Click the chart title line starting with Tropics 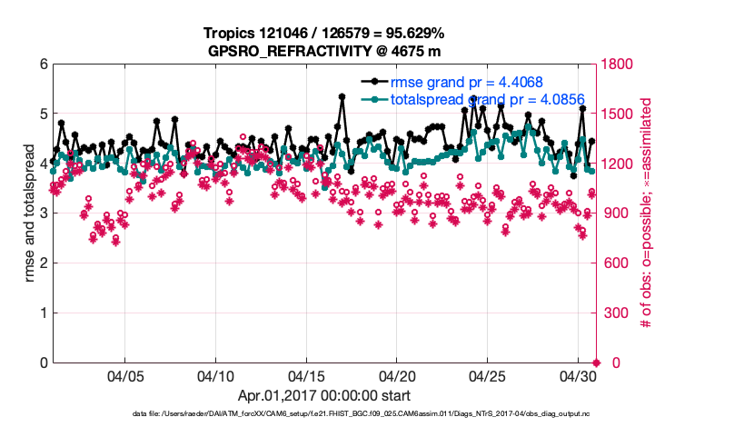(325, 34)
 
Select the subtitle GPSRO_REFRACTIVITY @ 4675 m (325, 50)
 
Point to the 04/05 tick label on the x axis (126, 375)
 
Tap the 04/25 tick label (488, 375)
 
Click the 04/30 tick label (578, 375)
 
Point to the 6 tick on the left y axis (43, 65)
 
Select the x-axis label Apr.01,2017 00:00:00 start (324, 395)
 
